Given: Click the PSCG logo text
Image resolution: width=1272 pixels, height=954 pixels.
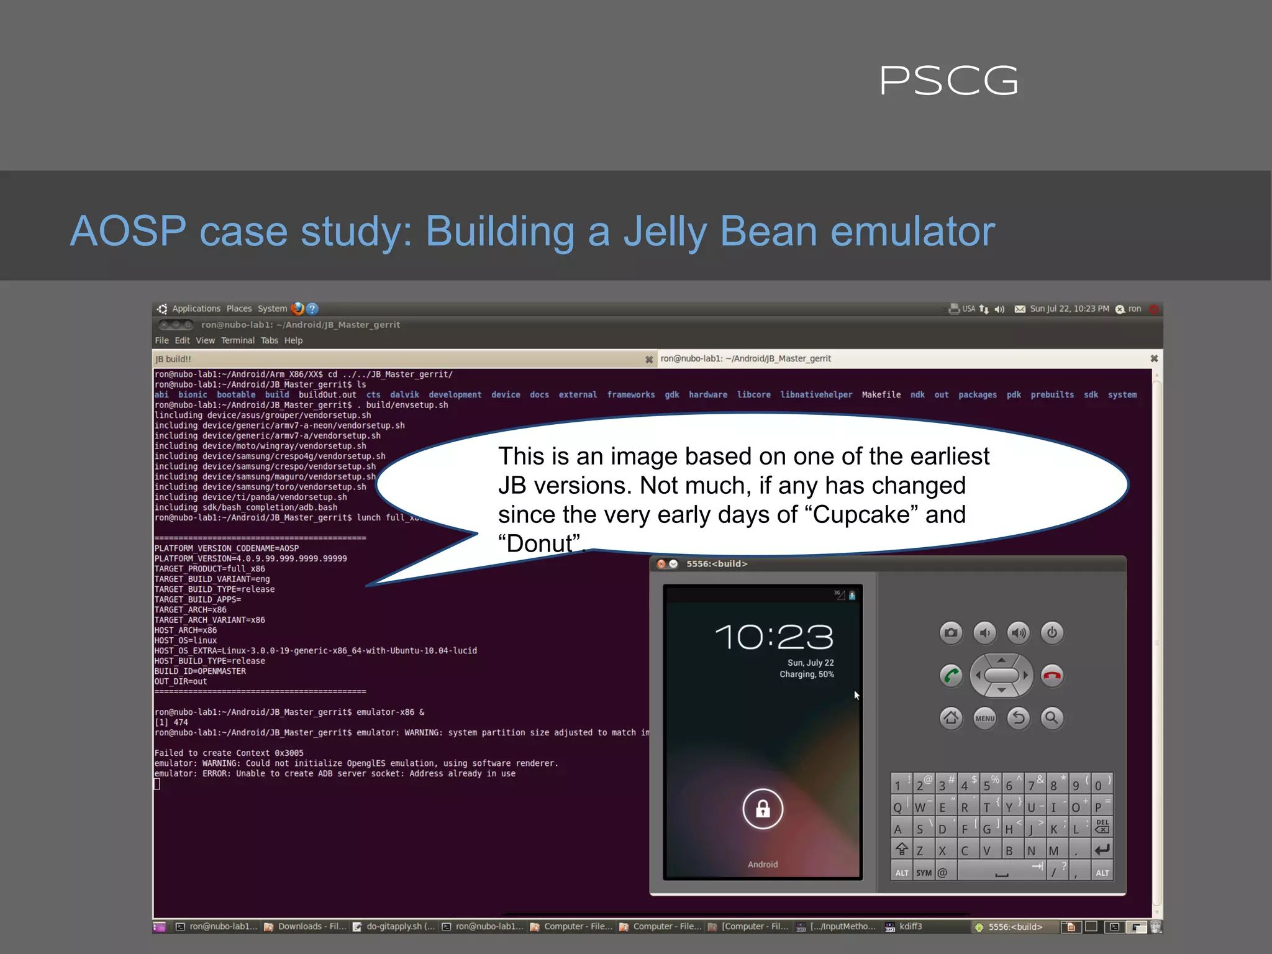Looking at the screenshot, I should pyautogui.click(x=948, y=81).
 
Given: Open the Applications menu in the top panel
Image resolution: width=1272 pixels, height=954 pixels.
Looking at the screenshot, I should pyautogui.click(x=196, y=309).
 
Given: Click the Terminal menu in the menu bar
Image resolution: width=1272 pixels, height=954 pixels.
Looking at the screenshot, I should pyautogui.click(x=237, y=340).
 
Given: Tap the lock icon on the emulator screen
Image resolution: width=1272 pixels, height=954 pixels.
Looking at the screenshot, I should pyautogui.click(x=763, y=809).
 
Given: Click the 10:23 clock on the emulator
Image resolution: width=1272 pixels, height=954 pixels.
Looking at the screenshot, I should pyautogui.click(x=774, y=637).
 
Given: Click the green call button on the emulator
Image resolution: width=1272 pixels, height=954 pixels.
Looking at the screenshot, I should pyautogui.click(x=951, y=675).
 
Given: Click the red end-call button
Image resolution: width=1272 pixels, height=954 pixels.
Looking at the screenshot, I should pyautogui.click(x=1052, y=675).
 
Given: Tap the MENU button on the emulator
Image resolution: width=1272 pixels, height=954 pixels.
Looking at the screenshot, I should pyautogui.click(x=984, y=718).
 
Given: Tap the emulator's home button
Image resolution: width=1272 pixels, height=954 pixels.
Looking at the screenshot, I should pyautogui.click(x=951, y=718).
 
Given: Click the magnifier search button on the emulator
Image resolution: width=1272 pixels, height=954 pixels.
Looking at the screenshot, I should pyautogui.click(x=1052, y=718).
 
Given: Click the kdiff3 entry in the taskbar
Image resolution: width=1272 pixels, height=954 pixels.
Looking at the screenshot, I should pyautogui.click(x=910, y=927).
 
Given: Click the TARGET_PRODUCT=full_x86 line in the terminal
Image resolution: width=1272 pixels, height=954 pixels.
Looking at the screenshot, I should pyautogui.click(x=210, y=569).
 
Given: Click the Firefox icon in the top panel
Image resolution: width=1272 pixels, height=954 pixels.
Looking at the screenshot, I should pyautogui.click(x=298, y=309).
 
